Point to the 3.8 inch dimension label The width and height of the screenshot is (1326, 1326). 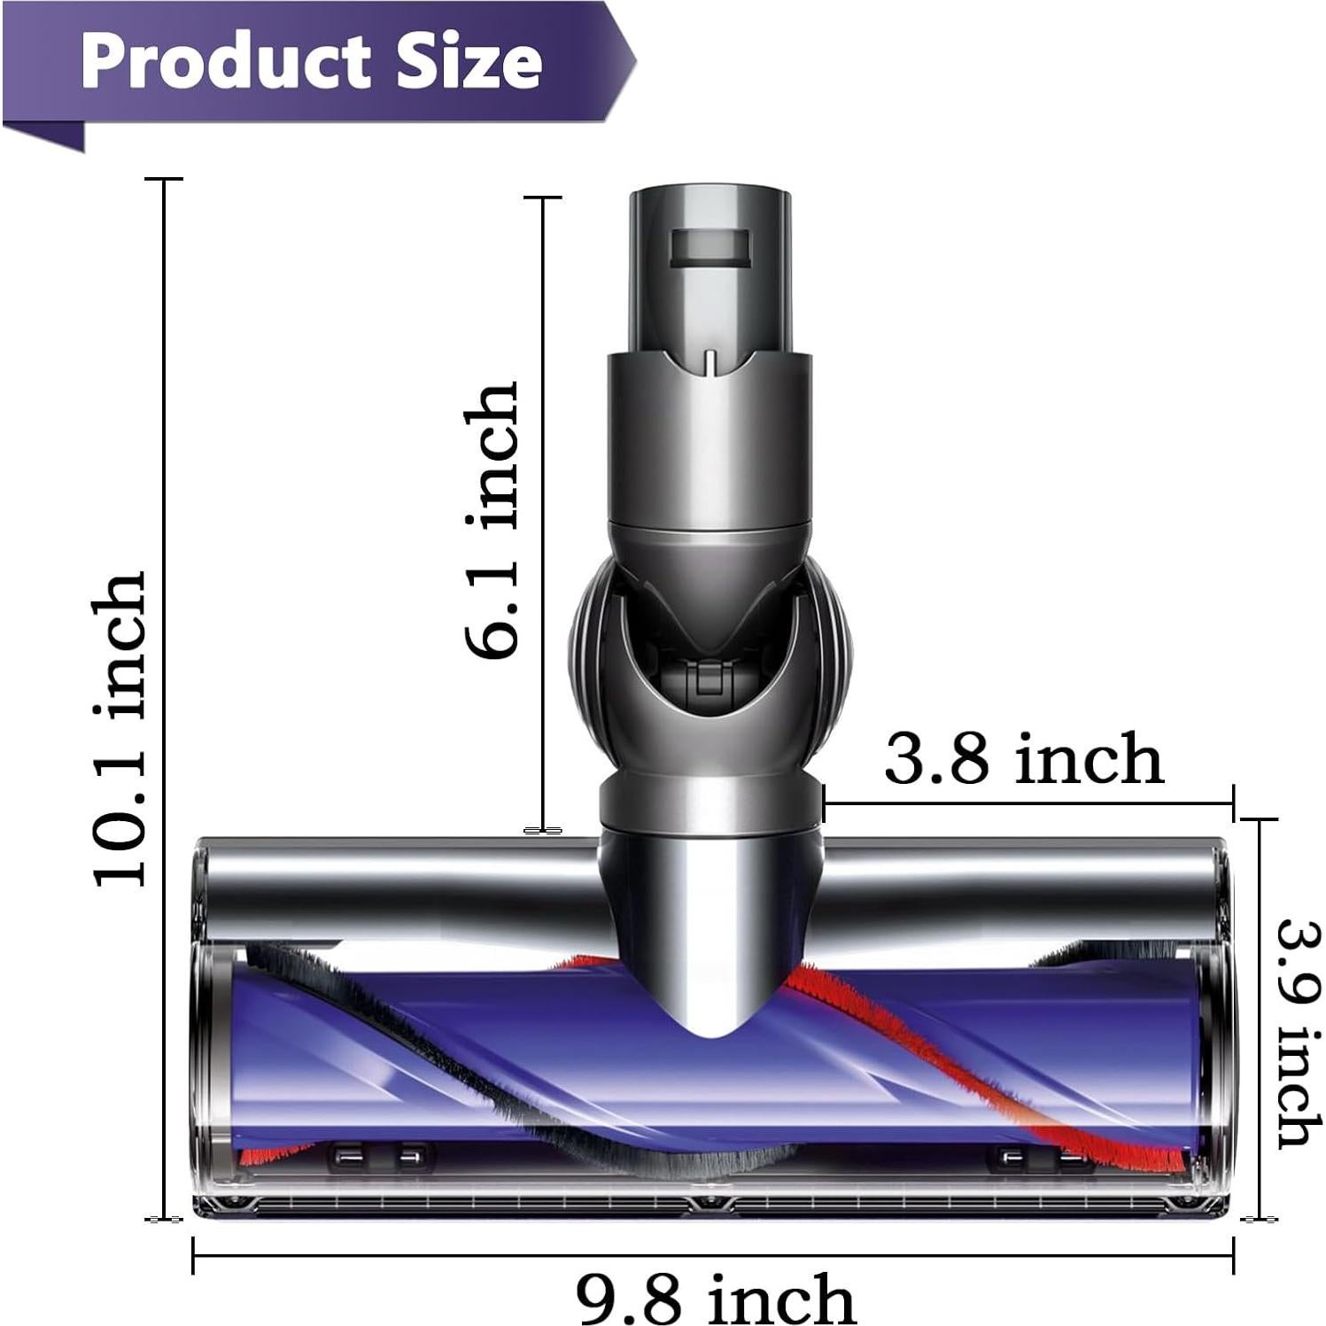pos(1023,759)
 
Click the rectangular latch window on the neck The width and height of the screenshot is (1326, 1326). pos(710,247)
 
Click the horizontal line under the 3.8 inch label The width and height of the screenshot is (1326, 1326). pos(1027,803)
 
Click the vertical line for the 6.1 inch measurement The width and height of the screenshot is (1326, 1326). pos(542,514)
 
